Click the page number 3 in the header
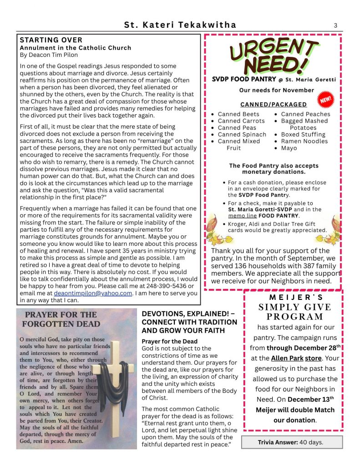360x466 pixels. (x=335, y=25)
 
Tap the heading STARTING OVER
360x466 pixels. (x=51, y=41)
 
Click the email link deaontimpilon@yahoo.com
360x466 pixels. (x=93, y=293)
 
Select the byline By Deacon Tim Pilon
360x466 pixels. (x=49, y=55)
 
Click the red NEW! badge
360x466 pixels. (x=325, y=99)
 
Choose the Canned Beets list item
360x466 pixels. (x=238, y=114)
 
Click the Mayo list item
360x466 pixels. (x=289, y=148)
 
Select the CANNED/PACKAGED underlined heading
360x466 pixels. (x=274, y=105)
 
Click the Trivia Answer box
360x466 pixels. (x=285, y=442)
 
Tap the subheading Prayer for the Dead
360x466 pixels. (x=170, y=341)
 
